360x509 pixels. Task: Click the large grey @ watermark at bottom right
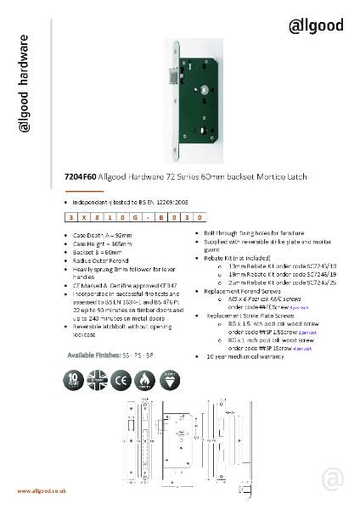tap(334, 480)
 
